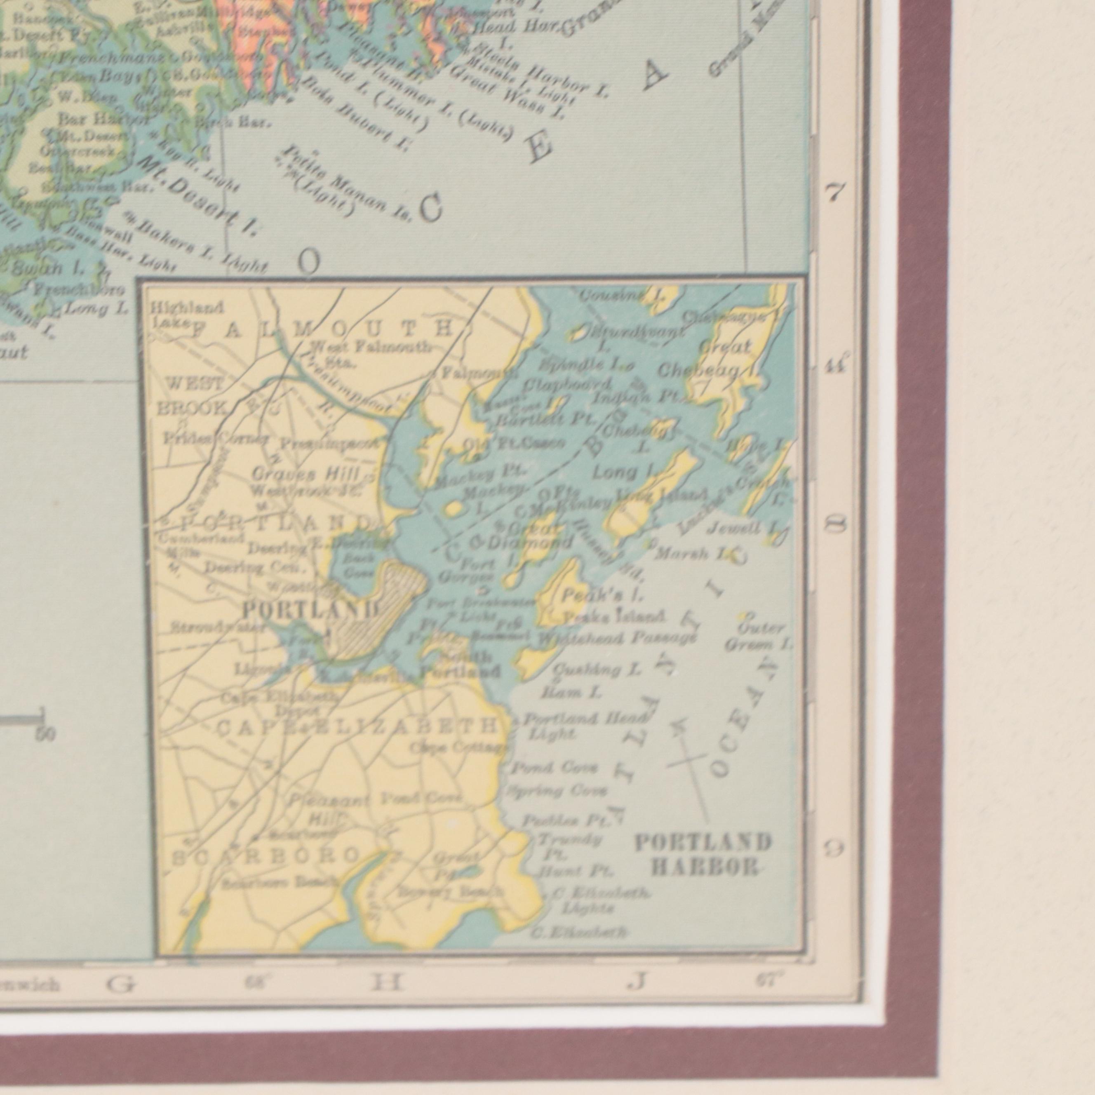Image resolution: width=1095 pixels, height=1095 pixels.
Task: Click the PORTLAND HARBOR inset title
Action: pyautogui.click(x=703, y=855)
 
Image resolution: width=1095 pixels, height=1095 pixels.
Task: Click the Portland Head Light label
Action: pyautogui.click(x=584, y=726)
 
